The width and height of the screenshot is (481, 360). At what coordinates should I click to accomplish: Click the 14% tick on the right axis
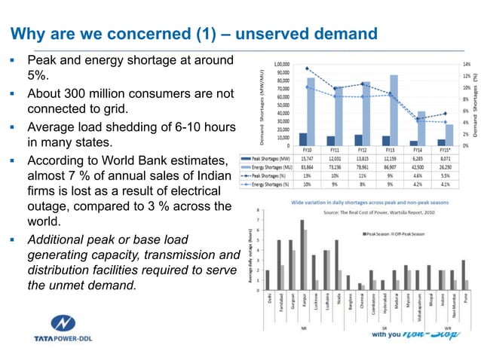(x=467, y=66)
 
